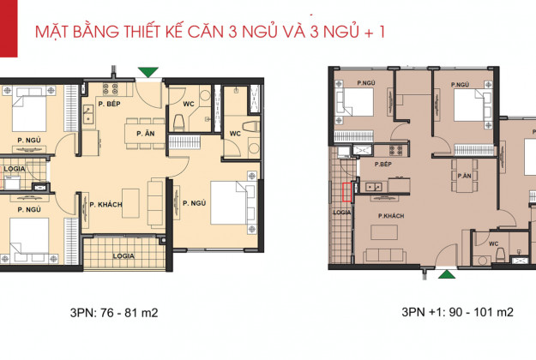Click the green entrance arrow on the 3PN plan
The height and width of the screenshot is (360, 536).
tap(148, 72)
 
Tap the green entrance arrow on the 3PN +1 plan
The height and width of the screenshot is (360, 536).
tap(447, 274)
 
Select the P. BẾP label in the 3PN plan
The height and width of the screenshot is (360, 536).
tap(110, 104)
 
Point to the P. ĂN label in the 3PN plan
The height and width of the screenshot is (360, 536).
tap(146, 133)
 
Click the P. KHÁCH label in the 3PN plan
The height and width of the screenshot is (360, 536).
tap(106, 205)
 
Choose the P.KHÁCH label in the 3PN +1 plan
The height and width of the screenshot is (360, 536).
tap(391, 216)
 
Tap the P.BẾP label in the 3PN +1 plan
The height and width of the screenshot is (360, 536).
tap(382, 165)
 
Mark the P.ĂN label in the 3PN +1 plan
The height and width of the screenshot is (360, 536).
tap(464, 176)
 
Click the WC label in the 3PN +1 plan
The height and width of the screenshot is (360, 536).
tap(494, 243)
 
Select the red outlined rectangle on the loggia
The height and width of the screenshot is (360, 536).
tap(347, 192)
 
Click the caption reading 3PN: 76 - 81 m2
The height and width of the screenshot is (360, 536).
tap(114, 313)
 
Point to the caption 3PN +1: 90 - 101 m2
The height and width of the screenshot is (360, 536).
tap(457, 312)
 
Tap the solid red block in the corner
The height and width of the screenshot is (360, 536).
tap(9, 28)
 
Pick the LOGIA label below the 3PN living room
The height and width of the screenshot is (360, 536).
tap(123, 255)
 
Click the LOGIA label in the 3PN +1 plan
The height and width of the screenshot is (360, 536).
tap(342, 212)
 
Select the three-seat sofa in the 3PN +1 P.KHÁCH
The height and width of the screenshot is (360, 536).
tap(384, 255)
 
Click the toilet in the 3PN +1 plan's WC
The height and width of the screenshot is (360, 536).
tap(501, 254)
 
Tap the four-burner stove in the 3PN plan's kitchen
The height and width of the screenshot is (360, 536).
tap(111, 89)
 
